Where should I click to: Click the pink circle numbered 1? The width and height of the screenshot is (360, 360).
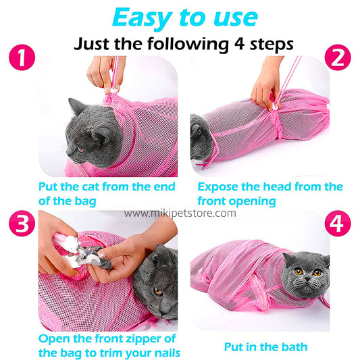22,57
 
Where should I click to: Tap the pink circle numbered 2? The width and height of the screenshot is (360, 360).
338,57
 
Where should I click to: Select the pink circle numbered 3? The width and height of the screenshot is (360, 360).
22,224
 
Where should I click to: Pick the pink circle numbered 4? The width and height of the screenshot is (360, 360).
338,224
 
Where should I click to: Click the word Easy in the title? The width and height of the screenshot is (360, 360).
143,18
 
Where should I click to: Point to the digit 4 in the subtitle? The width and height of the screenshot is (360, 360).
240,43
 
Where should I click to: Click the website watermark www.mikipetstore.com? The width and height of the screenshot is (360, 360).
180,213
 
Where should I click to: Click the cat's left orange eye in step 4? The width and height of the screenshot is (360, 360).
299,272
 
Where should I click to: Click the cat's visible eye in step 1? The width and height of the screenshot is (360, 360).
80,150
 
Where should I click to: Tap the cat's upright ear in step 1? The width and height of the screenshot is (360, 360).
77,106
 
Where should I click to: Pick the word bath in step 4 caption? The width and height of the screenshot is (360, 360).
295,346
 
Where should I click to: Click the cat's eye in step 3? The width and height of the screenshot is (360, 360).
158,291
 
